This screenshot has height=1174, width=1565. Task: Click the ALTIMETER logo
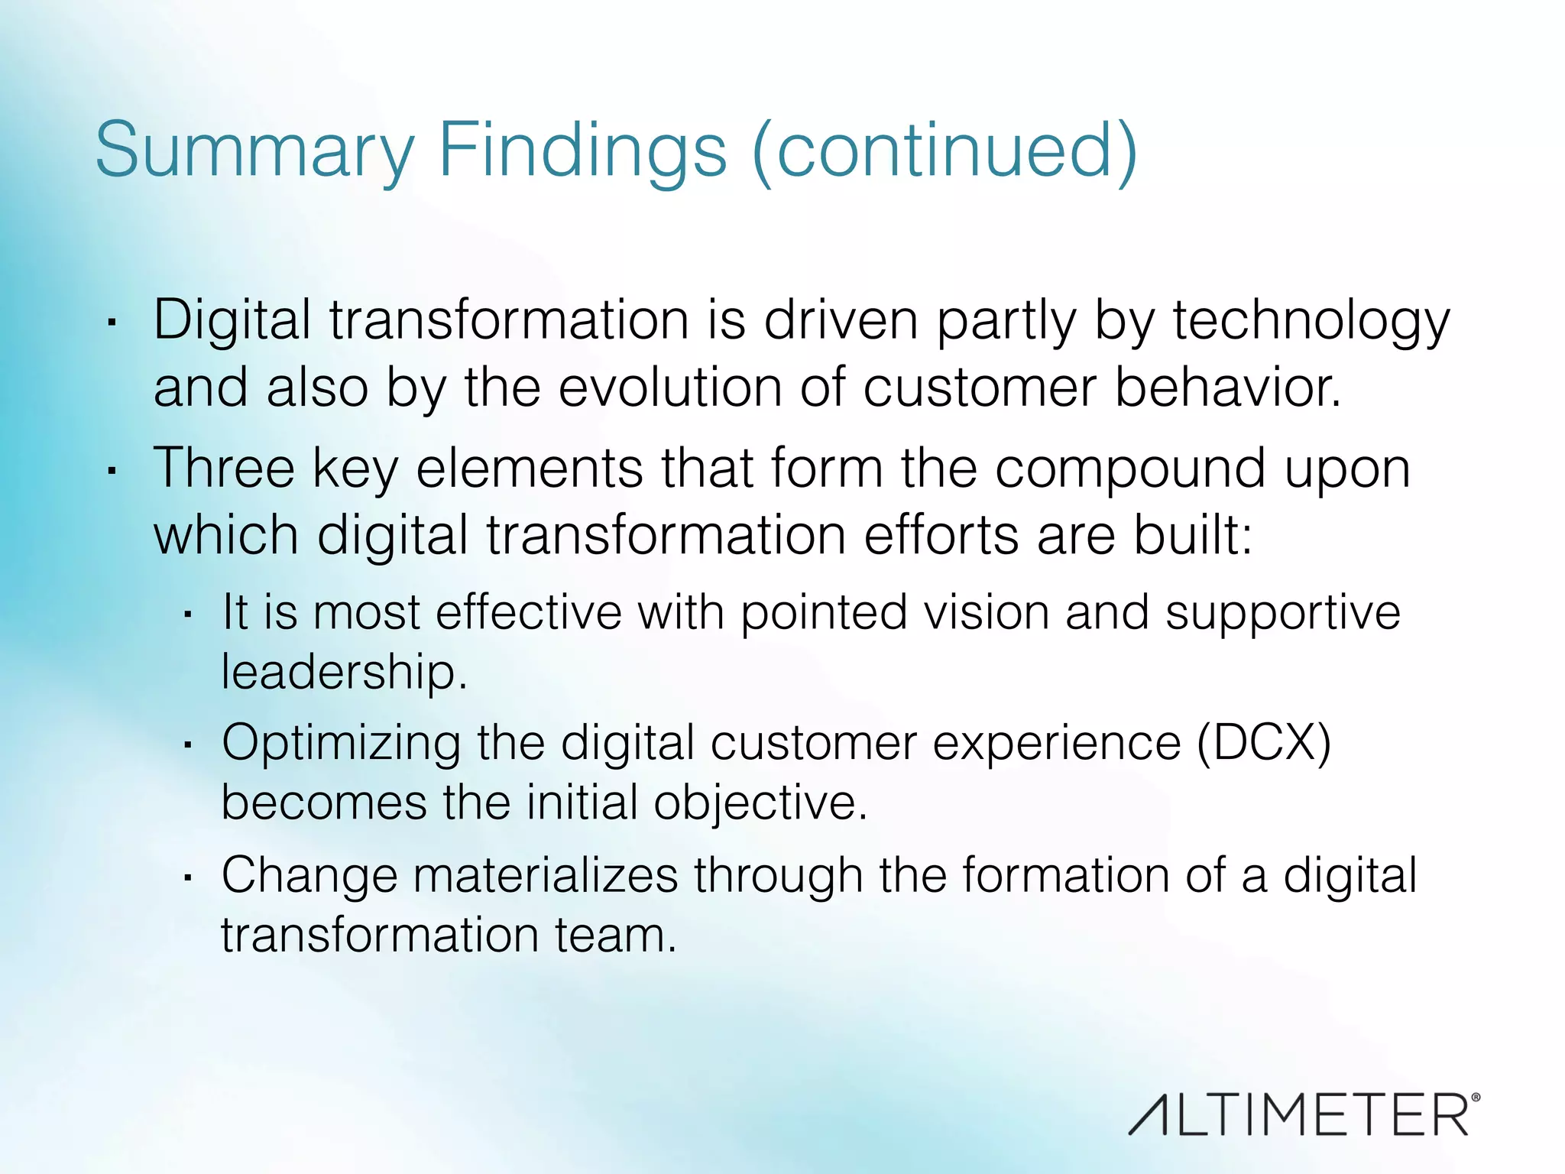pos(1304,1115)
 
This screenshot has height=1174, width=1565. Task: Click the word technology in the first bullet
pos(1311,321)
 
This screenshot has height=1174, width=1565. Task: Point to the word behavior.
pos(1227,388)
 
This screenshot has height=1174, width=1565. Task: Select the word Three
pos(224,468)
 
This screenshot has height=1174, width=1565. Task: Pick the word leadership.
pos(344,672)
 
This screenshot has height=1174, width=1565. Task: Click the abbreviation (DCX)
pos(1264,742)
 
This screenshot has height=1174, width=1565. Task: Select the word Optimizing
pos(341,744)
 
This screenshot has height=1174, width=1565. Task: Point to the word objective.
pos(760,803)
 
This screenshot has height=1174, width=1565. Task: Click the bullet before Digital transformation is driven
pos(112,323)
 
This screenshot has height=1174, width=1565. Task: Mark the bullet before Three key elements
pos(112,471)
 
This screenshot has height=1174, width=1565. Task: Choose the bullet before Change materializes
pos(187,877)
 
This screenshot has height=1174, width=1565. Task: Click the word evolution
pos(670,388)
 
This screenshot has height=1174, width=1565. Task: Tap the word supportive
pos(1282,613)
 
